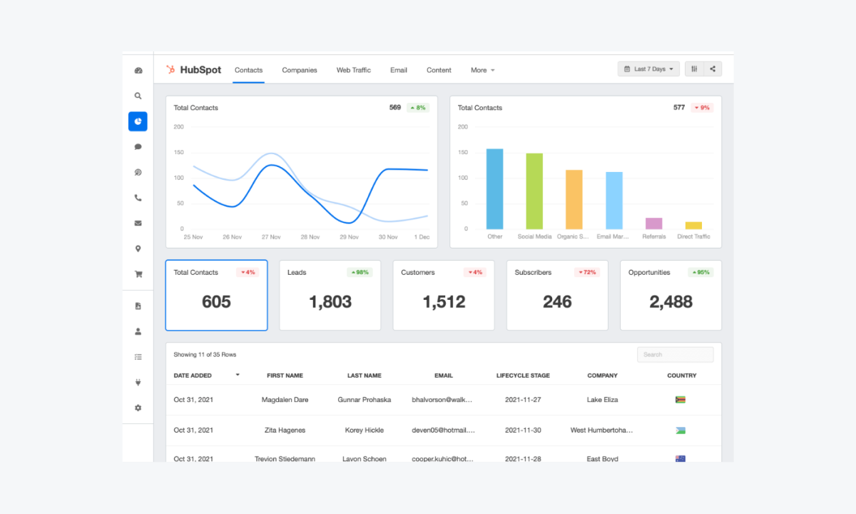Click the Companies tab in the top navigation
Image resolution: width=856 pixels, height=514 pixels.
point(300,70)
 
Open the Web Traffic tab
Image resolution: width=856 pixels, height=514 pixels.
point(354,70)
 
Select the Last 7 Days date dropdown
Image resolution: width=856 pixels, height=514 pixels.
point(648,69)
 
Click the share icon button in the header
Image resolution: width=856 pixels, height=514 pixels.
point(713,69)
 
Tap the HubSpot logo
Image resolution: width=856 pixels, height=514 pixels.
point(194,70)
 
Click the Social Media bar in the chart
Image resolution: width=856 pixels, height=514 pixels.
point(534,191)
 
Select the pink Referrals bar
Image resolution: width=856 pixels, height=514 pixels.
point(653,223)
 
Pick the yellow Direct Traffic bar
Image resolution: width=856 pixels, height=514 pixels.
point(693,225)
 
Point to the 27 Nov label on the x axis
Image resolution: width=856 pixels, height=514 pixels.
point(270,237)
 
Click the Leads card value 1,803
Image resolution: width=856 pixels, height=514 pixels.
point(330,302)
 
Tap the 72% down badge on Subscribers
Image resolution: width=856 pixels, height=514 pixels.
point(587,273)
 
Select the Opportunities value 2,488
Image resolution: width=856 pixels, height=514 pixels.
point(671,302)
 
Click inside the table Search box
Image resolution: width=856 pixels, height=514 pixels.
point(675,355)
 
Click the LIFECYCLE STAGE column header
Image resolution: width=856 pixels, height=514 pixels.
point(523,376)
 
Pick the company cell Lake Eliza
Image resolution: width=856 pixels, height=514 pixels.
point(602,400)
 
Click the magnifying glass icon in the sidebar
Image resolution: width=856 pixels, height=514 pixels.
point(138,96)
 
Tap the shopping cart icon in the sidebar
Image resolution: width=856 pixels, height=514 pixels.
point(138,274)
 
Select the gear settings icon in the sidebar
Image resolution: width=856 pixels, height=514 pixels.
point(138,408)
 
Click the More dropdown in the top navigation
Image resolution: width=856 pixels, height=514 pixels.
point(482,70)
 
